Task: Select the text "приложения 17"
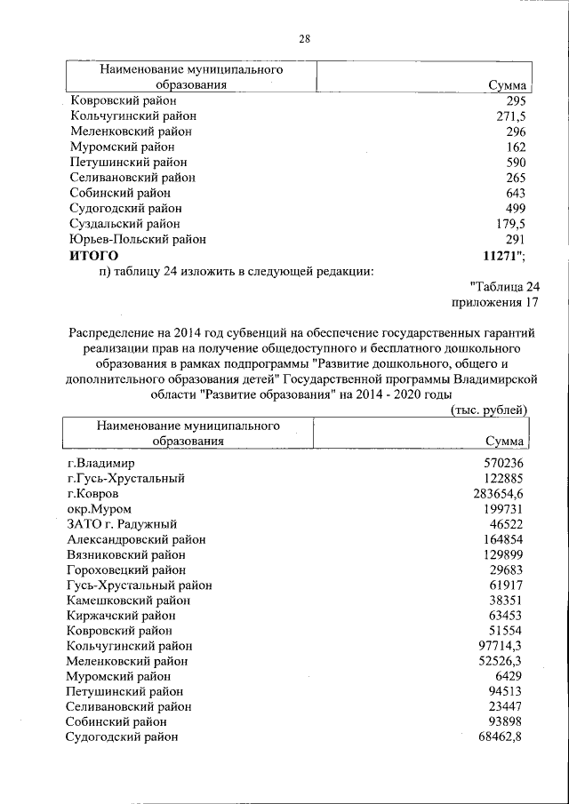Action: tap(495, 302)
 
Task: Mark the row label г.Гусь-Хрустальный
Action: tap(125, 478)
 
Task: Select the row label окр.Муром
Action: tap(99, 508)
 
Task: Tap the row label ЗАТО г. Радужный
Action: tap(122, 524)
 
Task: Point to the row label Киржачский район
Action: tap(121, 615)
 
